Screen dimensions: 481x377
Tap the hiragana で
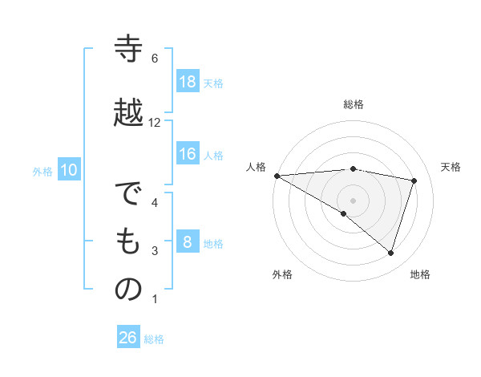pyautogui.click(x=128, y=195)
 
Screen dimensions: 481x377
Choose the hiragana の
pyautogui.click(x=128, y=290)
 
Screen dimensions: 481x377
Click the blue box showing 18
pyautogui.click(x=188, y=81)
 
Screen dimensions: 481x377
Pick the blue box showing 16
pyautogui.click(x=188, y=154)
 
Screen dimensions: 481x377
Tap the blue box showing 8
pyautogui.click(x=188, y=242)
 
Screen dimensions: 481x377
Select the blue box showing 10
pyautogui.click(x=69, y=170)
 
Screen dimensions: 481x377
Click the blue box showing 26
pyautogui.click(x=128, y=338)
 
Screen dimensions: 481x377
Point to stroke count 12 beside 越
pyautogui.click(x=155, y=123)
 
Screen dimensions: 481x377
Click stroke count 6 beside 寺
pyautogui.click(x=155, y=59)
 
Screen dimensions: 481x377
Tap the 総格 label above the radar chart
pyautogui.click(x=354, y=104)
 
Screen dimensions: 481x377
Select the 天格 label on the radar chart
pyautogui.click(x=451, y=167)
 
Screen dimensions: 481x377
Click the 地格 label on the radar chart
pyautogui.click(x=420, y=274)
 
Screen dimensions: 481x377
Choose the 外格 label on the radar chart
pyautogui.click(x=282, y=274)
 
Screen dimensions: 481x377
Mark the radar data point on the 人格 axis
pyautogui.click(x=277, y=175)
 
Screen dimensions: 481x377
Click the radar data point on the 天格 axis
pyautogui.click(x=414, y=180)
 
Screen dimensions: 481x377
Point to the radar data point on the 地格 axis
pyautogui.click(x=390, y=253)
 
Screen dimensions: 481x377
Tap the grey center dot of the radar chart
pyautogui.click(x=353, y=199)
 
